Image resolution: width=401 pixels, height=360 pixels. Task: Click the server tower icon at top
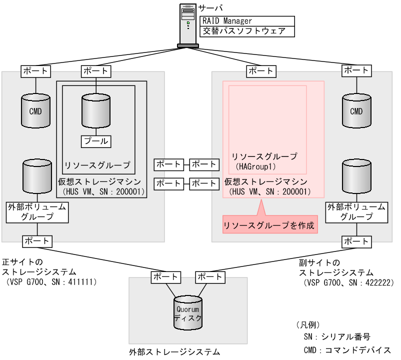coord(187,25)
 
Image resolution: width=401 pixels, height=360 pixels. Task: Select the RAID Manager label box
coord(245,20)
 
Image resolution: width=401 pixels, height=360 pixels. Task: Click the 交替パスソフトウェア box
coord(245,31)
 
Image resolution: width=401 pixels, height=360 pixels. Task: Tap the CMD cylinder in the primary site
coord(35,111)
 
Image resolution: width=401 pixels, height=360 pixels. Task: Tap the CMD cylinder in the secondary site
coord(356,111)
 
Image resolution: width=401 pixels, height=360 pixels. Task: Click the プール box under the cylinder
coord(96,141)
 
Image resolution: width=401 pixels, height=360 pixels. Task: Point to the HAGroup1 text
coord(256,166)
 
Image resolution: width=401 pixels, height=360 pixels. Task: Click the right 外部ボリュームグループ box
coord(356,212)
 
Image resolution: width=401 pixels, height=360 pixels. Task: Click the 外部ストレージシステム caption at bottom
coord(174,352)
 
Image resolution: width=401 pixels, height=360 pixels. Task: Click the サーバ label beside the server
coord(210,8)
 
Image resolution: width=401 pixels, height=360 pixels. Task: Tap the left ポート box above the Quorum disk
coord(165,276)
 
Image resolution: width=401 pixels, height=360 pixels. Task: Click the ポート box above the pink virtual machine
coord(261,71)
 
